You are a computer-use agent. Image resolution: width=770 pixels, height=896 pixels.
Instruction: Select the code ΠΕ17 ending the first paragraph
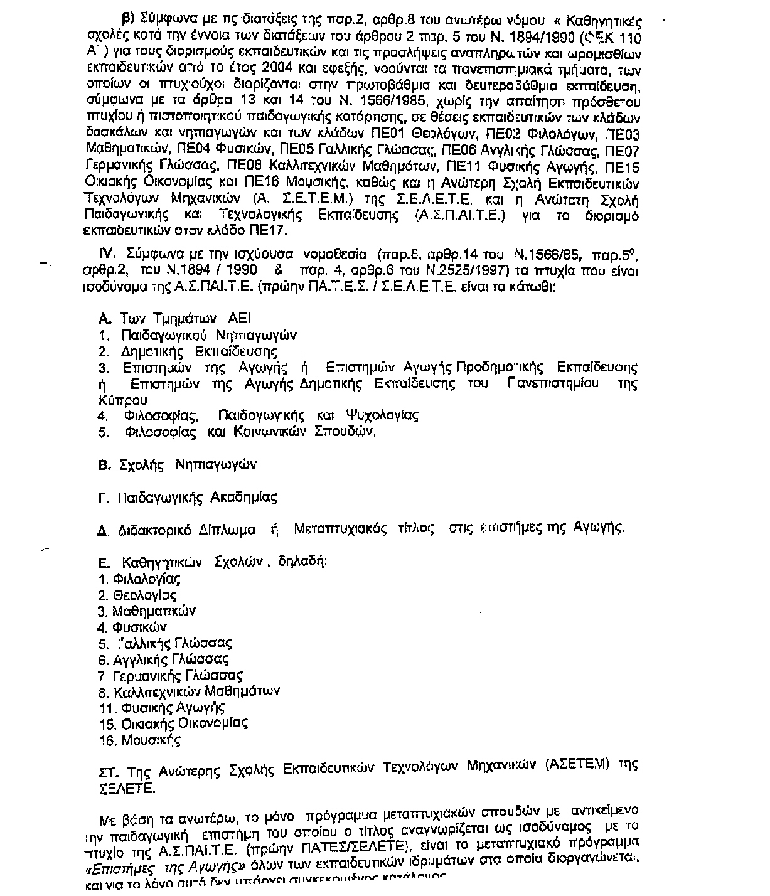click(269, 231)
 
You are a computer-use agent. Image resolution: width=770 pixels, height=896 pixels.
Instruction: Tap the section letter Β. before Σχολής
click(105, 465)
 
